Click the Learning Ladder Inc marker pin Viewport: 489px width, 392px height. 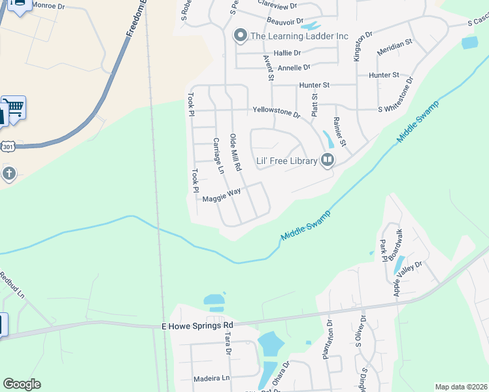point(240,36)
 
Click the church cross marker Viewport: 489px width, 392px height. point(8,174)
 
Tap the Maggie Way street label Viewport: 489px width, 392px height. point(222,195)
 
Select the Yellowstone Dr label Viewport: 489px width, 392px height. point(276,112)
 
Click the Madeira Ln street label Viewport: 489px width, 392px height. point(212,378)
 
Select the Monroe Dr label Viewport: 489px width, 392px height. point(49,5)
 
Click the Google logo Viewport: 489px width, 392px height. point(22,384)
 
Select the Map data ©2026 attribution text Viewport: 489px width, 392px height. point(461,387)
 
